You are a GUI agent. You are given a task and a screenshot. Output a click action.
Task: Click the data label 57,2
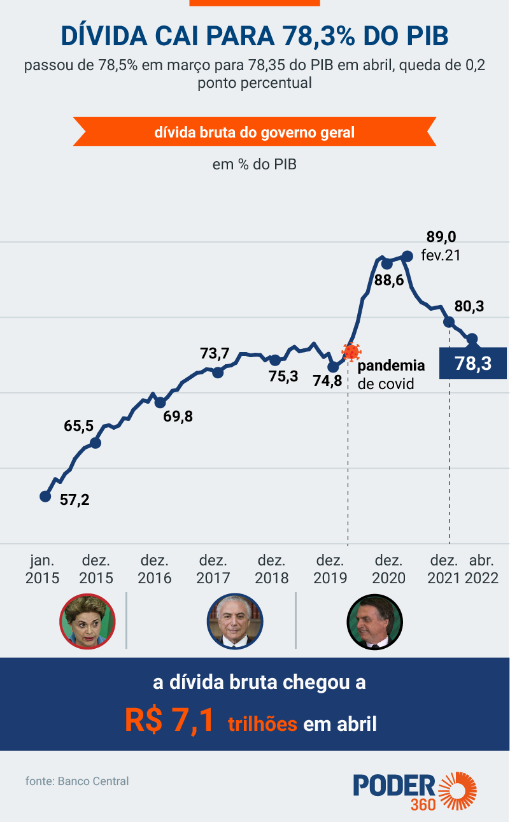point(74,500)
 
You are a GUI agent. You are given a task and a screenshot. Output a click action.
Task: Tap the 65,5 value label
point(79,427)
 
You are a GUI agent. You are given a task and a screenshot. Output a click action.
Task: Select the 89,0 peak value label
point(441,237)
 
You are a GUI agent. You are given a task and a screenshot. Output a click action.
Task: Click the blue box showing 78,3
point(473,364)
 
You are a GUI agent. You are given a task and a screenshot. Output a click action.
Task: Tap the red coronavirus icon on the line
point(350,351)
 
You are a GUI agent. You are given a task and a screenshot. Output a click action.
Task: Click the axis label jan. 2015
point(43,569)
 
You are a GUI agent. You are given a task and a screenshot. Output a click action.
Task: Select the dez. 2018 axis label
point(272,569)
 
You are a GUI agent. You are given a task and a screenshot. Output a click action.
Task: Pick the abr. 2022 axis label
point(482,569)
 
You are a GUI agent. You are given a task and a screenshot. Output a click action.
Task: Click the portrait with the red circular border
point(87,621)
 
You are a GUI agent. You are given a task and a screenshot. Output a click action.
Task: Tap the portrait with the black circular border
point(374,621)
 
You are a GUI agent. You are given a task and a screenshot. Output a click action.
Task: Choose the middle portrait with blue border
point(234,621)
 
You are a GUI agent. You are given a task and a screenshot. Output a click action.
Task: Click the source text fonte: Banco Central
point(77,781)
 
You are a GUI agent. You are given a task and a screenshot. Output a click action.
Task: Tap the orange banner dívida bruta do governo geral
point(255,133)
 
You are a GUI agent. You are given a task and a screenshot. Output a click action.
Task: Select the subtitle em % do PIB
point(255,164)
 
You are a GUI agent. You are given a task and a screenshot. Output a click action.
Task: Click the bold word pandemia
point(390,366)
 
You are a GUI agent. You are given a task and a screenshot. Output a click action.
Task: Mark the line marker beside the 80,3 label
point(449,322)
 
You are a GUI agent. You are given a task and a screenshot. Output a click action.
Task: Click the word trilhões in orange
point(262,724)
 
